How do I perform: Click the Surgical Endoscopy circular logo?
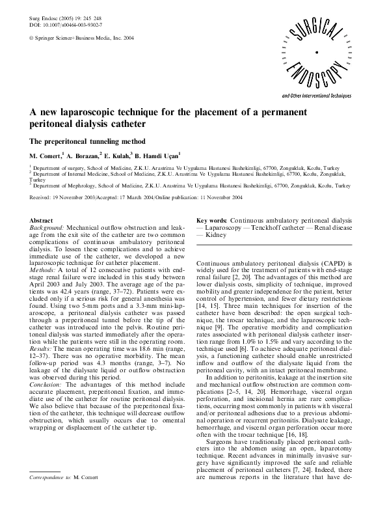(x=315, y=53)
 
